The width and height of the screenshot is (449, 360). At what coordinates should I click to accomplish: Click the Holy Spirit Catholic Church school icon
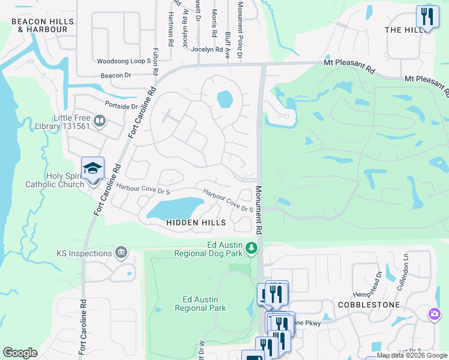[93, 169]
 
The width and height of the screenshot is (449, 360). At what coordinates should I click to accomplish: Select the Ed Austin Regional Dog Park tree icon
[253, 248]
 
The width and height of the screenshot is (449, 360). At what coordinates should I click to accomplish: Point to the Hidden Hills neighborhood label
[197, 223]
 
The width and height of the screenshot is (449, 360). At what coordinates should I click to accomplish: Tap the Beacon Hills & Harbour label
[43, 25]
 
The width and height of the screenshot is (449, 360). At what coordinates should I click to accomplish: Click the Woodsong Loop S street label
[124, 61]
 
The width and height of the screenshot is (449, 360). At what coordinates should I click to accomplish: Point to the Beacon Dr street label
[116, 76]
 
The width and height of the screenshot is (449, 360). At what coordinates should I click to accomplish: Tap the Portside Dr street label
[121, 106]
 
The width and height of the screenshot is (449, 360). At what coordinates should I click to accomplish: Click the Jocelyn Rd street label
[207, 50]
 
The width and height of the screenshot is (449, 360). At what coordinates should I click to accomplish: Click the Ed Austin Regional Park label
[200, 304]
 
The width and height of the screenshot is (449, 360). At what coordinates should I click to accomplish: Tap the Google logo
[20, 353]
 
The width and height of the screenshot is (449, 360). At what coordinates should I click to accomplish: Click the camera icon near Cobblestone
[435, 313]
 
